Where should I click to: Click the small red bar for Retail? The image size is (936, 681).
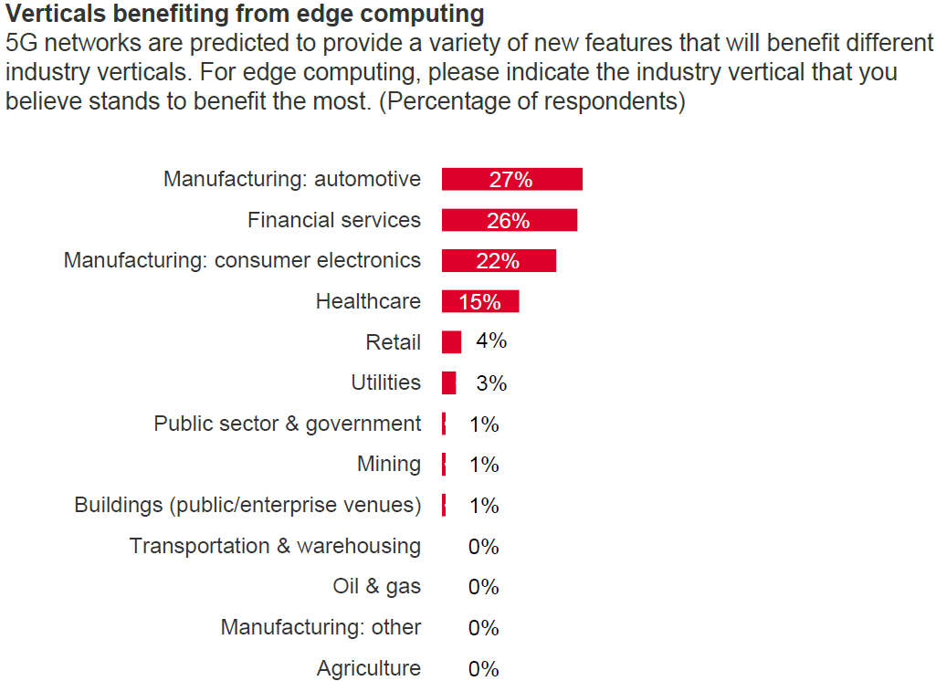pos(451,342)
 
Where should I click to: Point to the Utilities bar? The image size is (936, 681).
pos(448,383)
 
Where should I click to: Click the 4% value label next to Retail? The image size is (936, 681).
pos(491,341)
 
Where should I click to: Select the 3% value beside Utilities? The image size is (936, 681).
pos(491,383)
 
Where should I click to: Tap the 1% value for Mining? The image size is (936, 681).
pos(484,465)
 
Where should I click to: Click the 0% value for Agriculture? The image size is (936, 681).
pos(484,669)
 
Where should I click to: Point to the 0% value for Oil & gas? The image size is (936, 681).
pos(484,587)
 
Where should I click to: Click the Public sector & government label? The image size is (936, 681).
pos(288,424)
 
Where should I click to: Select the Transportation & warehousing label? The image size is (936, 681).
pos(275,546)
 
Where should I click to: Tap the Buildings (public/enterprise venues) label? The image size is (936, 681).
pos(247,505)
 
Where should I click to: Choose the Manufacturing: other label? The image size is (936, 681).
pos(321,628)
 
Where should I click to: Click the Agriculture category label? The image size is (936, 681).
pos(369,669)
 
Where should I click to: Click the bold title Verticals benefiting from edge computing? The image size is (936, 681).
pos(245,15)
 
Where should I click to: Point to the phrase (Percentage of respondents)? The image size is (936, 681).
pos(531,101)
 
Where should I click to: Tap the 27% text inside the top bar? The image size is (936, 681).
pos(510,180)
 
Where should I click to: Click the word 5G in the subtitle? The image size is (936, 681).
pos(23,44)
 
